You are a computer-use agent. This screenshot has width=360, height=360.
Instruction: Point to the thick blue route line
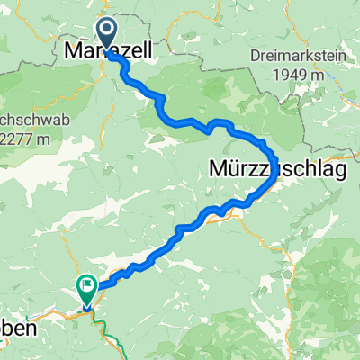180,122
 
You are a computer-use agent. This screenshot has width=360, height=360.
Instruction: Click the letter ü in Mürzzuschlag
235,168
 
